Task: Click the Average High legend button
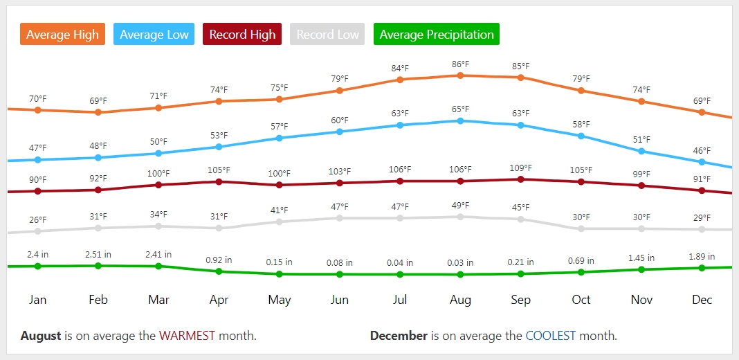tap(62, 35)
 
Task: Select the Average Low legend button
tap(154, 35)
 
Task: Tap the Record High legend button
tap(242, 35)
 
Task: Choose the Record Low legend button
tap(327, 35)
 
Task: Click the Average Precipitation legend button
tap(437, 35)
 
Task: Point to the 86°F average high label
tap(460, 64)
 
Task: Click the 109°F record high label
tap(520, 168)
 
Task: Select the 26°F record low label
tap(38, 220)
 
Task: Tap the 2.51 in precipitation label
tap(98, 255)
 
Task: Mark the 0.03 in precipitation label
tap(460, 263)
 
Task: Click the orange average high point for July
tap(400, 80)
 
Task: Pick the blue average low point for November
tap(641, 151)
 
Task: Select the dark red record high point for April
tap(219, 181)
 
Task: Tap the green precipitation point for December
tap(702, 268)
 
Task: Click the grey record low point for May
tap(279, 222)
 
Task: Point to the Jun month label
tap(339, 300)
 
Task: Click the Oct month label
tap(581, 300)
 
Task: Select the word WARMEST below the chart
tap(188, 336)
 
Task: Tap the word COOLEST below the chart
tap(551, 336)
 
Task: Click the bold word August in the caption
tap(41, 336)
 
